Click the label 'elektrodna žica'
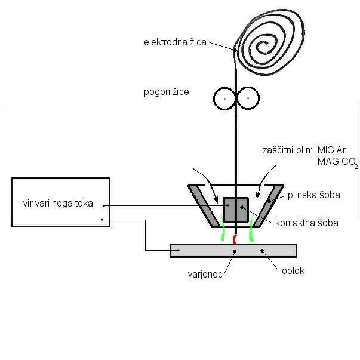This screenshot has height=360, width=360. pyautogui.click(x=177, y=42)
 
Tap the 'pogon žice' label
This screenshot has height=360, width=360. pyautogui.click(x=167, y=92)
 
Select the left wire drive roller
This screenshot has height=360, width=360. pyautogui.click(x=225, y=97)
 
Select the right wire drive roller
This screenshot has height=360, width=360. pyautogui.click(x=248, y=97)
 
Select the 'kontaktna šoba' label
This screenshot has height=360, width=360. pyautogui.click(x=307, y=223)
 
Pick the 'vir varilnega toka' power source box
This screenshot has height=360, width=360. pyautogui.click(x=61, y=202)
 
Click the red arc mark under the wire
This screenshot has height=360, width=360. pyautogui.click(x=235, y=239)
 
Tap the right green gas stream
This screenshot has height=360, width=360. pyautogui.click(x=252, y=232)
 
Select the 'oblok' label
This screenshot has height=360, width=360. pyautogui.click(x=293, y=270)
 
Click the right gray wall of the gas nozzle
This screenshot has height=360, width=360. pyautogui.click(x=268, y=206)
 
